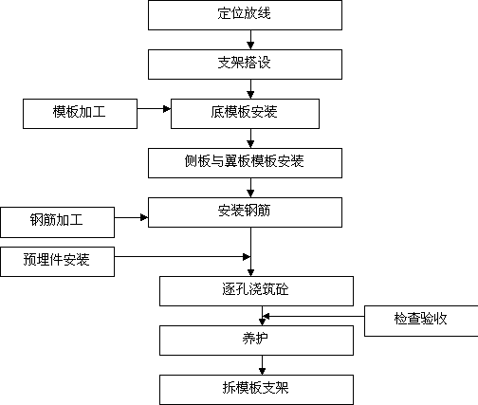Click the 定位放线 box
pos(245,15)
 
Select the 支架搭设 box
pos(245,64)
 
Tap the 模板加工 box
pos(80,114)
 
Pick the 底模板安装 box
pos(245,114)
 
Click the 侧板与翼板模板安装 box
pos(245,163)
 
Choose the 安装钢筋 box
pos(245,212)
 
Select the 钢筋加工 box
pos(57,222)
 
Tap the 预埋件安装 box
pos(57,262)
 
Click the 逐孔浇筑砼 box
pos(256,291)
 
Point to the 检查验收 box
pos(421,321)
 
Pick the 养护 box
pos(256,341)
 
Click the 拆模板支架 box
pos(256,390)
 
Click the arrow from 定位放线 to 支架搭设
pos(250,40)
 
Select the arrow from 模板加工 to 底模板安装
pos(155,109)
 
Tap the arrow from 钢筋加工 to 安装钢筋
pos(132,217)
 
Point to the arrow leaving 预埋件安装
pos(183,256)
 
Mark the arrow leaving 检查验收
pos(313,316)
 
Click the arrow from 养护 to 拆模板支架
pos(262,365)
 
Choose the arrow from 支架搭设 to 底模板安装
pos(250,89)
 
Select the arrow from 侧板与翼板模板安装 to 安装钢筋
pos(250,188)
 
